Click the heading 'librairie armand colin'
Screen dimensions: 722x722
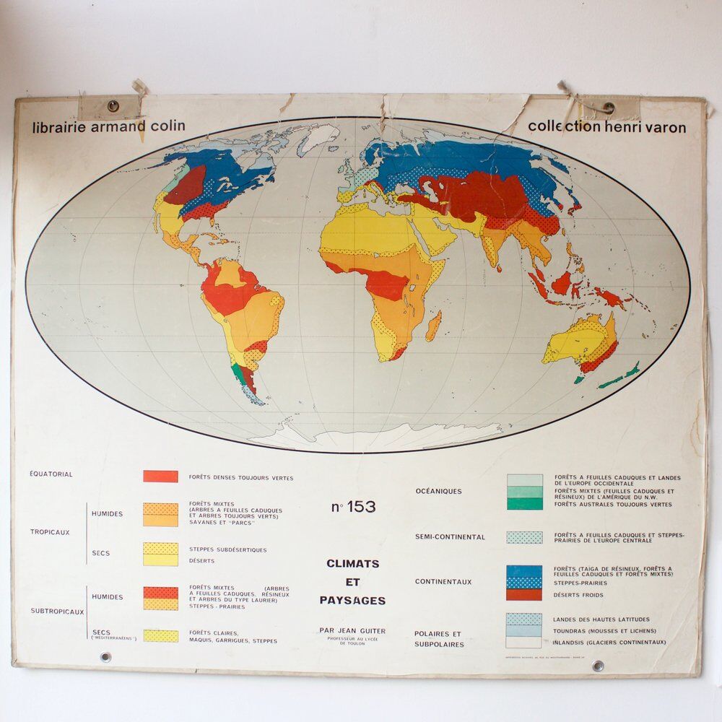point(109,126)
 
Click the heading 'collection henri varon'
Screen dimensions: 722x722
point(606,127)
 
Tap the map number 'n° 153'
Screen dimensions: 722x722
point(354,507)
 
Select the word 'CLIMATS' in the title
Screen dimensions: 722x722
point(353,563)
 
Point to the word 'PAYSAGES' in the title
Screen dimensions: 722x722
point(353,600)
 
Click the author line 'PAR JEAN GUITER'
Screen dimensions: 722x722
point(353,630)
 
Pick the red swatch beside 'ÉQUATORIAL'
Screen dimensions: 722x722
point(160,477)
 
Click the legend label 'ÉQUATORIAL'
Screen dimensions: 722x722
point(51,474)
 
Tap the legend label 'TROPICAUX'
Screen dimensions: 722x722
point(50,532)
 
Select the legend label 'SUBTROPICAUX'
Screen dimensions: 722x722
point(57,611)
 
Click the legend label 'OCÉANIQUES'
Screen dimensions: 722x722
point(438,491)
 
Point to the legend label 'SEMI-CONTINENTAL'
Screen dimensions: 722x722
point(450,537)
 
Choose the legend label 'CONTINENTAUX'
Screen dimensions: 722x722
point(443,581)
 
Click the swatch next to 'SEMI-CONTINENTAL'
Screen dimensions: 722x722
point(524,537)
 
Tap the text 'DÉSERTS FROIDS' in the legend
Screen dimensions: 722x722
point(578,595)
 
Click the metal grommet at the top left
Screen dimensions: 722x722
point(113,106)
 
